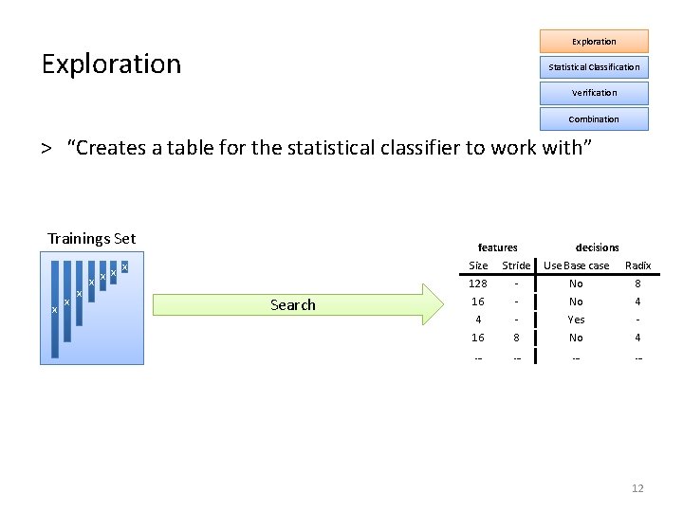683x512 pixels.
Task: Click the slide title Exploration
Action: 111,64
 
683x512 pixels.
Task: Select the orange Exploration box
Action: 594,41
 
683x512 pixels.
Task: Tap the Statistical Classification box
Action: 594,66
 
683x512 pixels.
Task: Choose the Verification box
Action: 594,93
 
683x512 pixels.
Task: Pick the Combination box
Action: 594,119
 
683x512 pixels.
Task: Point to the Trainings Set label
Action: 92,239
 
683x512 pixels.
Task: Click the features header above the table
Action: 498,247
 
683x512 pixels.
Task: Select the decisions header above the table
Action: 597,247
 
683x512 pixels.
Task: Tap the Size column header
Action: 479,265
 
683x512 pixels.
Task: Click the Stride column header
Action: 516,265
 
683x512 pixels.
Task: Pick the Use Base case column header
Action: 576,265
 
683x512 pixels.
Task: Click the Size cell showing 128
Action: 478,283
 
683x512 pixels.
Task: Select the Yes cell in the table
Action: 576,320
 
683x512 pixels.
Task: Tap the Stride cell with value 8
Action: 516,338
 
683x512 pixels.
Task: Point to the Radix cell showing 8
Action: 637,283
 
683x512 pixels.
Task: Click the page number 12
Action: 637,488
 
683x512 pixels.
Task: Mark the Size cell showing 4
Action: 478,320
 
